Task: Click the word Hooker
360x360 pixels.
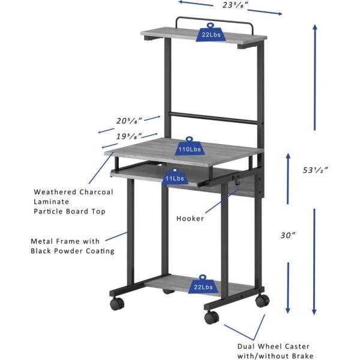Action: tap(190, 218)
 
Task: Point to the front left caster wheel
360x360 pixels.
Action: tap(116, 304)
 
